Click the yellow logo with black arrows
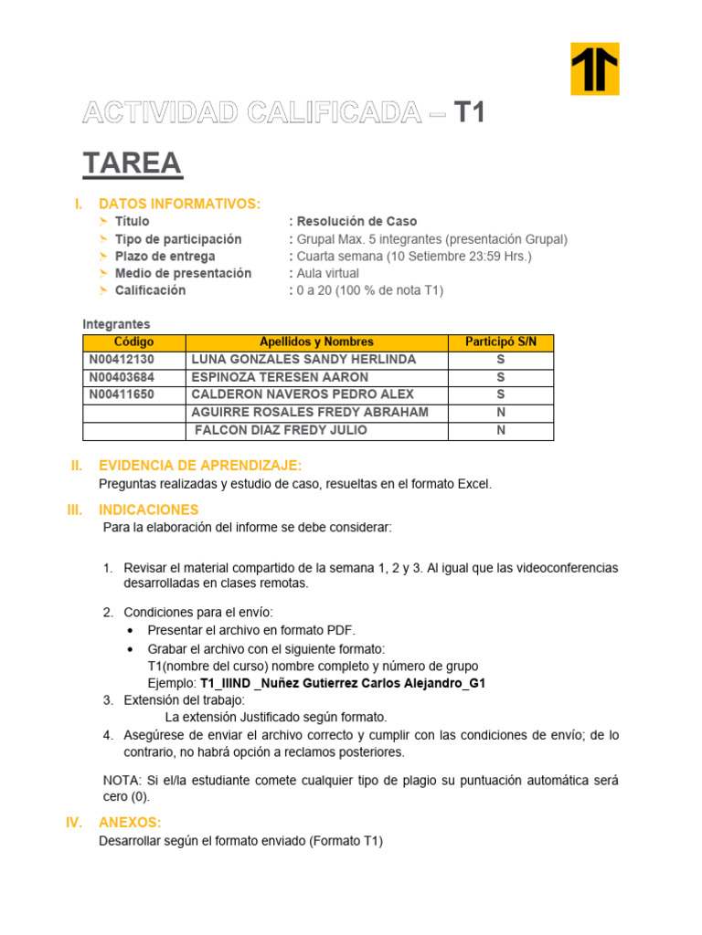click(594, 68)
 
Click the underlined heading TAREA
click(133, 164)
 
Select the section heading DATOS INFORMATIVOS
click(179, 203)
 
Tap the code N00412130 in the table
click(122, 360)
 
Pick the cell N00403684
click(122, 377)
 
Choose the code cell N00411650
click(122, 394)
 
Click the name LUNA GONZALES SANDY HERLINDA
click(303, 360)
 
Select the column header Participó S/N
click(501, 342)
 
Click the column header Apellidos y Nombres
click(316, 342)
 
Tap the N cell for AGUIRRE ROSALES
click(501, 413)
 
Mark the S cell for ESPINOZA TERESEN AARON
click(501, 377)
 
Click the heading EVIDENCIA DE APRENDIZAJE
click(199, 466)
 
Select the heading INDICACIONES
click(148, 510)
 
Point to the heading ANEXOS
click(130, 823)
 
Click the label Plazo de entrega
click(165, 256)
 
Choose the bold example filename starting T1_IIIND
click(342, 683)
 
